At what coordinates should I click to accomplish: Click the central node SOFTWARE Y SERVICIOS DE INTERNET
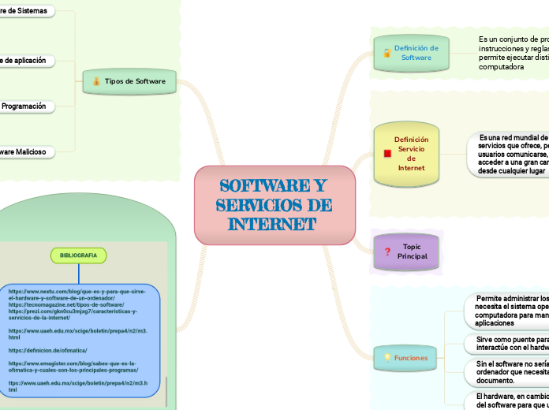[274, 205]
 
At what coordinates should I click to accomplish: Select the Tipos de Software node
[130, 81]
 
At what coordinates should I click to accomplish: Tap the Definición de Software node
[411, 53]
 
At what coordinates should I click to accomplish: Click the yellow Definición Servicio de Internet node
[411, 153]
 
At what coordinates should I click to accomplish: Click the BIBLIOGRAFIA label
[79, 255]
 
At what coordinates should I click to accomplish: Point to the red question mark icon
[387, 252]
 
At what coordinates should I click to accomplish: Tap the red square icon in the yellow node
[387, 153]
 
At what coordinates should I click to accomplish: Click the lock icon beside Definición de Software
[387, 53]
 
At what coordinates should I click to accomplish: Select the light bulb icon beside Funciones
[387, 358]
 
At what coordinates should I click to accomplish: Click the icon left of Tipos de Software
[96, 81]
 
